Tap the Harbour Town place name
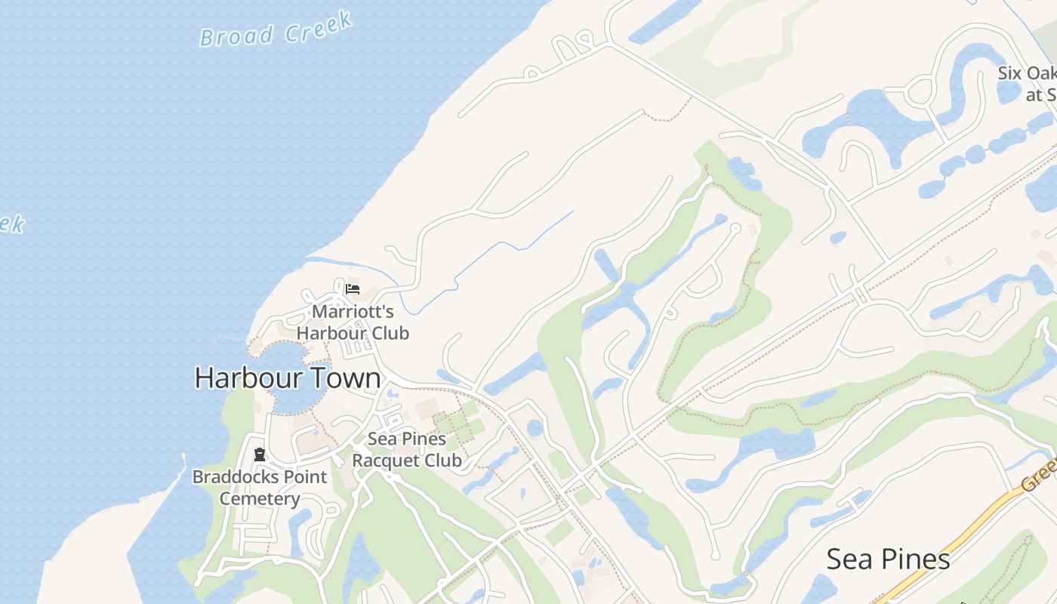288,377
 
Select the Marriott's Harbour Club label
353,322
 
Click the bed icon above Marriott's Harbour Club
353,288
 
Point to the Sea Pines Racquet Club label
407,449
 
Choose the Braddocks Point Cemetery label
260,488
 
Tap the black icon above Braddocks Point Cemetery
260,455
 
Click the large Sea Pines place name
888,559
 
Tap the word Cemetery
260,499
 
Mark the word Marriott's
353,311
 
